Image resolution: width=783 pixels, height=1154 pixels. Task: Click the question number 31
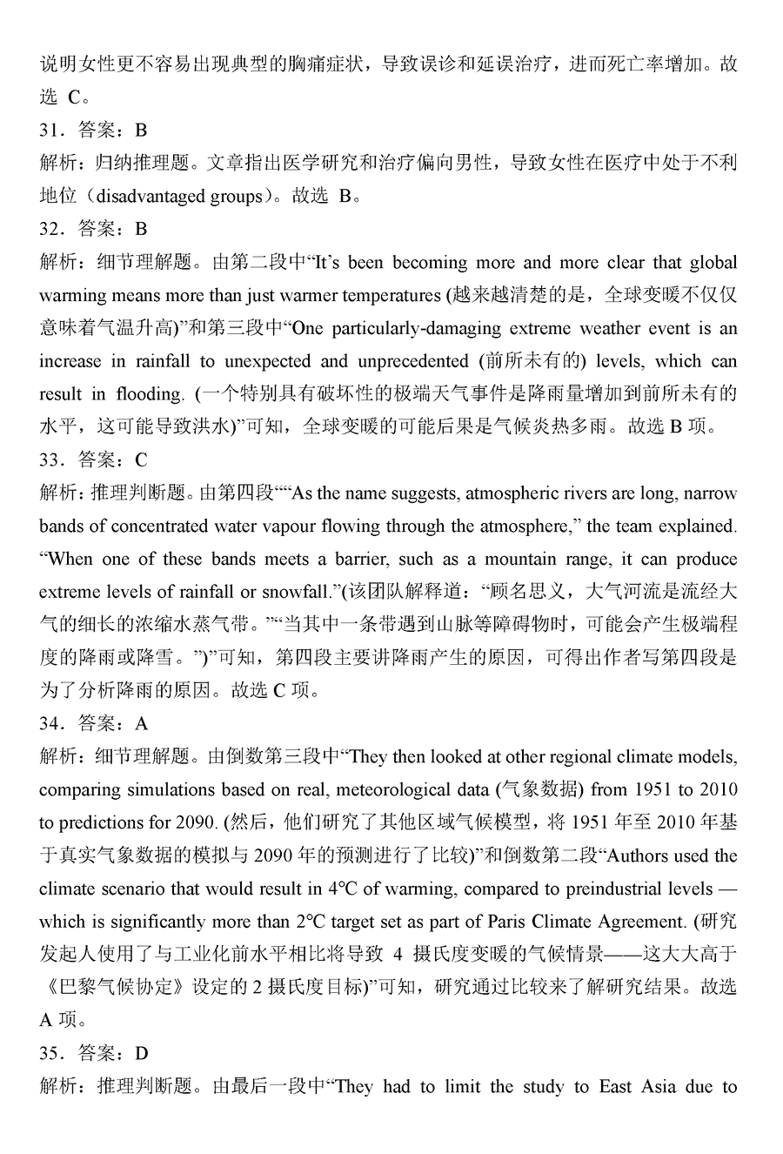50,131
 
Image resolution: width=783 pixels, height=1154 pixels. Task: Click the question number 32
50,229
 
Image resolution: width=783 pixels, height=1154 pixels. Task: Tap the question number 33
50,460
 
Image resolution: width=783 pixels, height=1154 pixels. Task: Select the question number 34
50,723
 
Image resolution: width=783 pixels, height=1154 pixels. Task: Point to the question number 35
50,1054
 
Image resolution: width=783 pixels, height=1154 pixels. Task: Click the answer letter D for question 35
143,1054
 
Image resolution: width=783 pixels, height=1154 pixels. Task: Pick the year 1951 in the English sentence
653,790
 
